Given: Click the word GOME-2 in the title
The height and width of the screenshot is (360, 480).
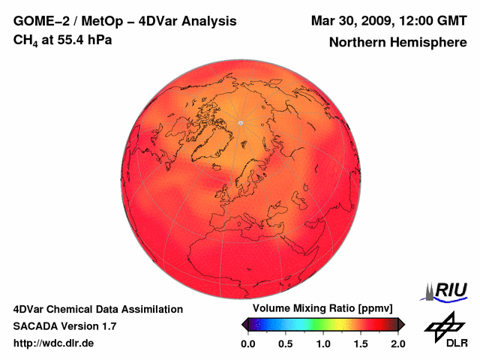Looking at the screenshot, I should pos(38,20).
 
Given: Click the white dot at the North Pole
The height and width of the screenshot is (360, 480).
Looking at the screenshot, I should pos(240,123).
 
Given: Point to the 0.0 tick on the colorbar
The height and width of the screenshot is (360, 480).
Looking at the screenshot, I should pos(247,343).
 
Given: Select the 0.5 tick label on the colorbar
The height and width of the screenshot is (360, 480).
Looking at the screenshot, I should pos(285,343).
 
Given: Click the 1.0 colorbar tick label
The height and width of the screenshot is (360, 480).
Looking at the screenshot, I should pos(322,343).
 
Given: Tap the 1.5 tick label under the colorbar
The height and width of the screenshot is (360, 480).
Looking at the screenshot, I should pos(360,343).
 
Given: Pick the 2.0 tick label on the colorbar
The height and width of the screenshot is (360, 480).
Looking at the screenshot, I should pos(397,343).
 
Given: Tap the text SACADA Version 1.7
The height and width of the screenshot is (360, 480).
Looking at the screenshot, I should pos(64,326).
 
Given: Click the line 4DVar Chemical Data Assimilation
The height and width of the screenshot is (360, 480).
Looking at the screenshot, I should pos(97,309).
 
